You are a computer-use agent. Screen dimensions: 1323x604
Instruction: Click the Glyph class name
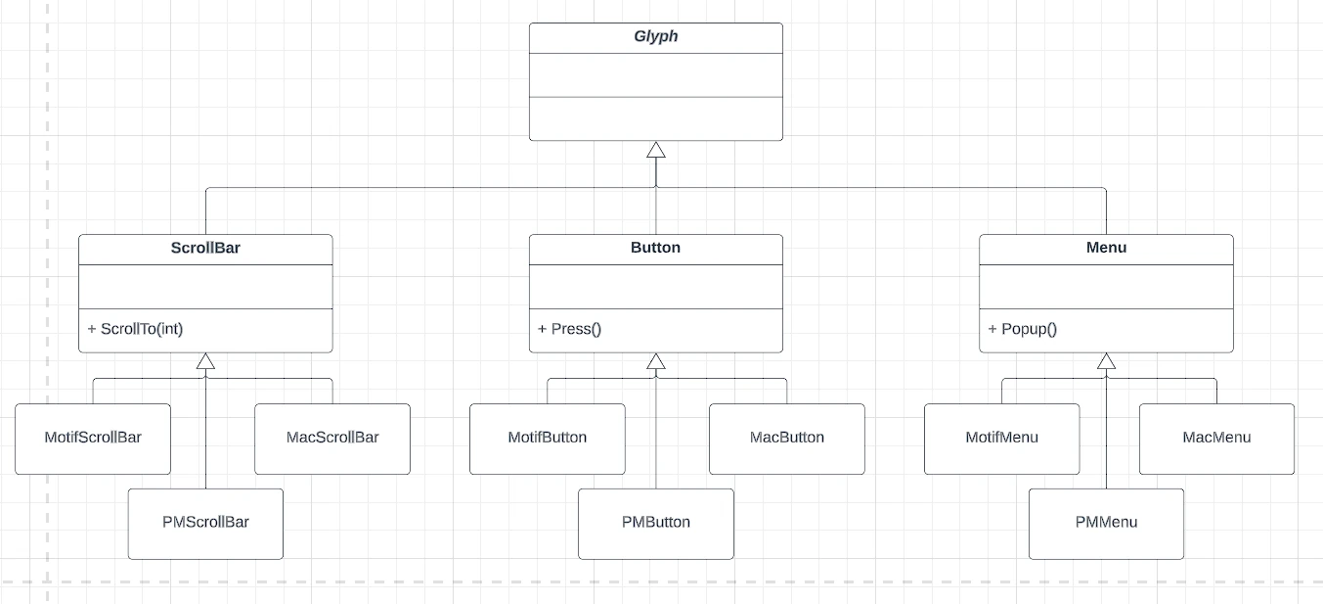(x=655, y=36)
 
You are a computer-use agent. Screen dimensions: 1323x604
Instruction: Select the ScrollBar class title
(x=205, y=248)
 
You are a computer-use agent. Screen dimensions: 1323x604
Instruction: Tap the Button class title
(x=655, y=248)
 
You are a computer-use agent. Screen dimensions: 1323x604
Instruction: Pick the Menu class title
(x=1106, y=248)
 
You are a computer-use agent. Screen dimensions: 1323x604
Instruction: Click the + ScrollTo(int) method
(x=135, y=329)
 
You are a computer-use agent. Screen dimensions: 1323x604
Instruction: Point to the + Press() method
(x=569, y=329)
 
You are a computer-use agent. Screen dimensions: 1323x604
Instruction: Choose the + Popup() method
(x=1023, y=329)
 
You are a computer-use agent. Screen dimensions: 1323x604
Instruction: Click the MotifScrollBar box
(x=93, y=439)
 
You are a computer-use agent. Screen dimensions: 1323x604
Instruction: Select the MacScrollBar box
(x=332, y=439)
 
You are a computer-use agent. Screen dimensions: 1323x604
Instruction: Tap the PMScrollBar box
(x=205, y=524)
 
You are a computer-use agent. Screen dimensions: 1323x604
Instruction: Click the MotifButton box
(x=548, y=439)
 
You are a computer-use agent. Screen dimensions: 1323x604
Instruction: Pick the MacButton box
(x=787, y=439)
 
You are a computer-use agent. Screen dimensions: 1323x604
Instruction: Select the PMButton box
(x=655, y=524)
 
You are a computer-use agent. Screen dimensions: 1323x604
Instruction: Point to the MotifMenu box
(x=1001, y=439)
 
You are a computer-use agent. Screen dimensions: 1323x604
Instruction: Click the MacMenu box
(x=1216, y=439)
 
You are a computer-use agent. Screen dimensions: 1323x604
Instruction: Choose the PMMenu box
(x=1106, y=524)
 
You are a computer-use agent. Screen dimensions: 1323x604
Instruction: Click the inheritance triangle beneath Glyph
(x=655, y=150)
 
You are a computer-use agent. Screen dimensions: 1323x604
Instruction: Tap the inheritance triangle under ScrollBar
(x=205, y=361)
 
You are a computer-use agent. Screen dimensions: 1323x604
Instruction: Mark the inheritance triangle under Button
(x=655, y=361)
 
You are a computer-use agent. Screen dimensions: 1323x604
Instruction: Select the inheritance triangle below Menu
(x=1106, y=361)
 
